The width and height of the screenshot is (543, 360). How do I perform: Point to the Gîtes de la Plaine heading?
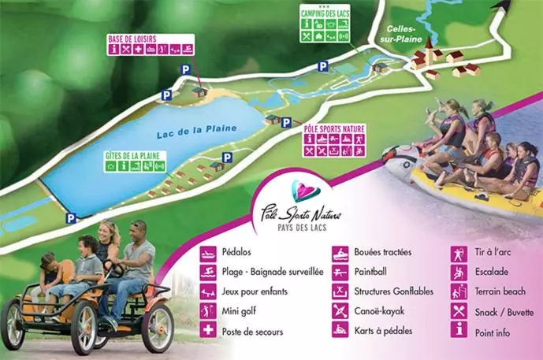132,155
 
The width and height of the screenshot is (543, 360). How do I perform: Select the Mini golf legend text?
242,312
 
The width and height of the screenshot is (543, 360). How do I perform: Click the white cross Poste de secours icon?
208,331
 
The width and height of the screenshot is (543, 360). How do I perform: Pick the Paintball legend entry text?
376,272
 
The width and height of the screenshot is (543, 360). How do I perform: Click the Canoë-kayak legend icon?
340,311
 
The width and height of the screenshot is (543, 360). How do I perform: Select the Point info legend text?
493,332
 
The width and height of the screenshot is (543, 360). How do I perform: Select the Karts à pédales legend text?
383,331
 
